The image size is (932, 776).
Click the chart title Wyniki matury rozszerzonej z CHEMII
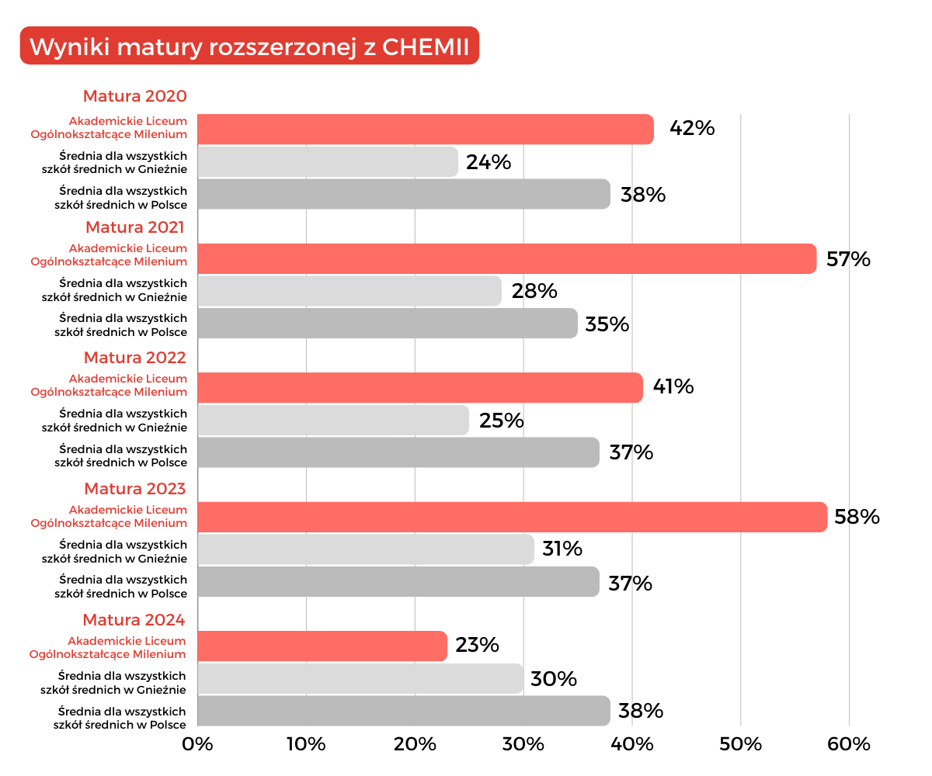(249, 47)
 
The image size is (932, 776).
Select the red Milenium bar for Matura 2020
(425, 129)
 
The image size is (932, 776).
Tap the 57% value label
(848, 259)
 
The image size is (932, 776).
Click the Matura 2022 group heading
(135, 358)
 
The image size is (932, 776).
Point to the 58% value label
(857, 517)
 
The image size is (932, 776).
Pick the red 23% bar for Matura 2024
(322, 646)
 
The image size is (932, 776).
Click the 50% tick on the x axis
(740, 744)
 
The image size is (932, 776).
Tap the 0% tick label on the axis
(197, 744)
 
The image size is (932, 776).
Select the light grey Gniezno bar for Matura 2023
(366, 549)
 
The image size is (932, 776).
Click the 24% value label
(489, 162)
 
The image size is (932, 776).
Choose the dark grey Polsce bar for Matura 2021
(388, 323)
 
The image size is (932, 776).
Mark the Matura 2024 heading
(134, 620)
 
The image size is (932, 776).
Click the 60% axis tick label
(848, 744)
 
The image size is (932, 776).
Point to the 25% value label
(501, 421)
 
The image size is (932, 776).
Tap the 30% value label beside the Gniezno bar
(554, 679)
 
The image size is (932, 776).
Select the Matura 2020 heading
(135, 97)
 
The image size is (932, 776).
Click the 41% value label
(673, 386)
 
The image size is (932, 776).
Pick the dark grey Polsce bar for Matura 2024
(403, 711)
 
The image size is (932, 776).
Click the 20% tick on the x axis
(415, 744)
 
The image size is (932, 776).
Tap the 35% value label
(607, 324)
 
